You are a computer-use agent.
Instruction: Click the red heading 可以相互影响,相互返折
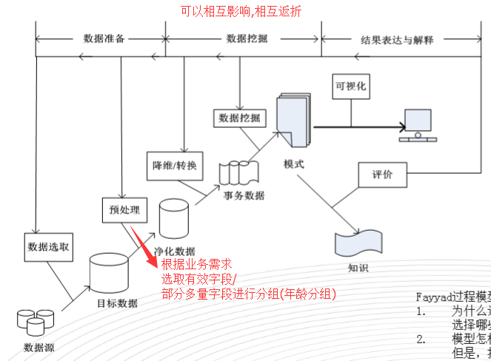(x=241, y=11)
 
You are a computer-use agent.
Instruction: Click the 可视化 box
(x=351, y=86)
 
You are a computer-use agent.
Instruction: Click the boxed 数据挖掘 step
(x=241, y=118)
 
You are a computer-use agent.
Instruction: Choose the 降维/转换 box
(x=170, y=165)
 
